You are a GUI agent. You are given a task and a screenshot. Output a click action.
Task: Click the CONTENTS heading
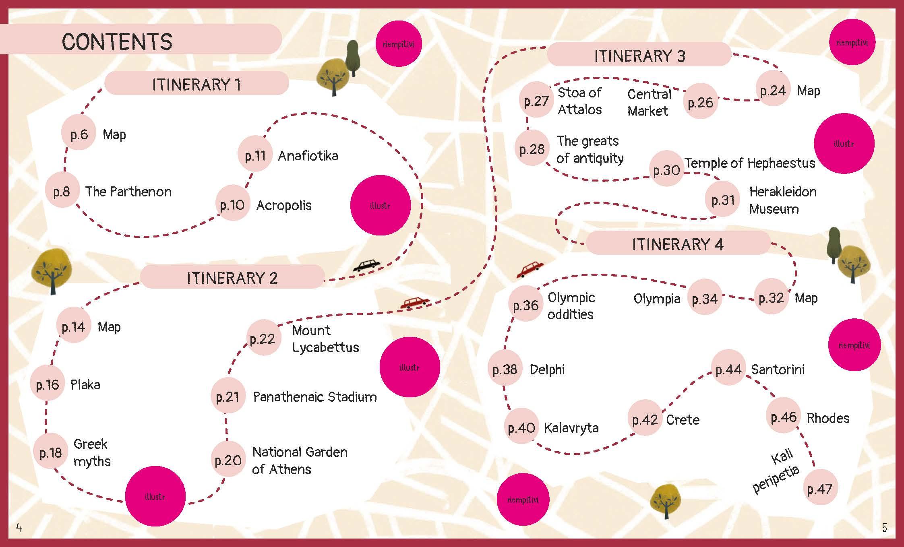(117, 41)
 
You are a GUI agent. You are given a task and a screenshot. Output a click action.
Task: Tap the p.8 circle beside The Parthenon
(62, 191)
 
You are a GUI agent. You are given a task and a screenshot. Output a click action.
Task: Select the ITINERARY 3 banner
(639, 56)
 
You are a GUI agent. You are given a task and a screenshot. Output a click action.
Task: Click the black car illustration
(366, 265)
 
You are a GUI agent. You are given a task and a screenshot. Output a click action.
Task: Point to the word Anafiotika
(308, 156)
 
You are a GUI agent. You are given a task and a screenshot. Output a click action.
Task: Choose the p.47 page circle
(820, 489)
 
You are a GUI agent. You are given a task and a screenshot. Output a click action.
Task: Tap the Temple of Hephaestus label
(750, 163)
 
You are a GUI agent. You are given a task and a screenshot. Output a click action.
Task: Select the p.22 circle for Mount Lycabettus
(263, 339)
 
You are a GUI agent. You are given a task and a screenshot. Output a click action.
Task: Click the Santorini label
(778, 369)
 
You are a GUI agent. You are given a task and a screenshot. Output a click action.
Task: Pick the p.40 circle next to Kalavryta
(521, 427)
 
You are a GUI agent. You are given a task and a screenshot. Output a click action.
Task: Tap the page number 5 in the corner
(884, 528)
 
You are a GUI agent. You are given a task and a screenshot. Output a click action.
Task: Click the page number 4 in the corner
(19, 528)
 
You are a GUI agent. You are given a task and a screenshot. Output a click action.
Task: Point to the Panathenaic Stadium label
(315, 397)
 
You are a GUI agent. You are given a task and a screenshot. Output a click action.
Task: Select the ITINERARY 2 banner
(232, 278)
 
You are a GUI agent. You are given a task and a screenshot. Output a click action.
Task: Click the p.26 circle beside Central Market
(701, 102)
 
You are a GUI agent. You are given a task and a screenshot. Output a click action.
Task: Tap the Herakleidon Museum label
(782, 200)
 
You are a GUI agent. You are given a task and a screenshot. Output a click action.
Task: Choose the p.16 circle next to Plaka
(48, 385)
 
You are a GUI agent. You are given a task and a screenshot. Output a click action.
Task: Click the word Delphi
(547, 369)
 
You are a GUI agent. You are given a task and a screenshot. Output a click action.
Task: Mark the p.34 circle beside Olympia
(705, 299)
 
